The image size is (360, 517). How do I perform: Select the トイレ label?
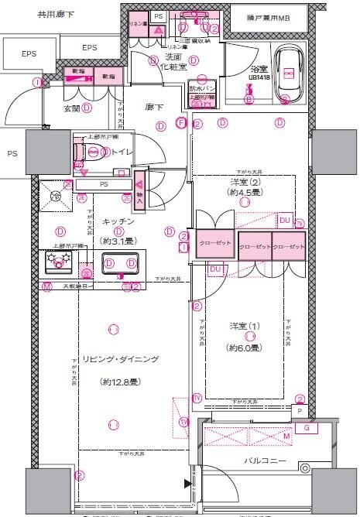tap(121, 152)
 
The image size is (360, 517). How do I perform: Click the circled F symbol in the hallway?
tap(180, 122)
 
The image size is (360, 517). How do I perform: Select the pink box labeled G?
tap(307, 426)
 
